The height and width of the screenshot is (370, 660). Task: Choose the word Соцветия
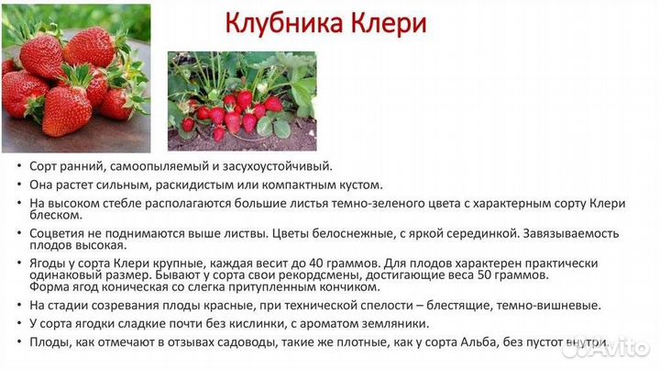[x=60, y=233]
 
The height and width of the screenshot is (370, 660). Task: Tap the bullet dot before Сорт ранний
[x=20, y=167]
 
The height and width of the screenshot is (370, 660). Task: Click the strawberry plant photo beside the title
[x=242, y=101]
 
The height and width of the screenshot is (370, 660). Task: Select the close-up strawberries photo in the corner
[x=75, y=78]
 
